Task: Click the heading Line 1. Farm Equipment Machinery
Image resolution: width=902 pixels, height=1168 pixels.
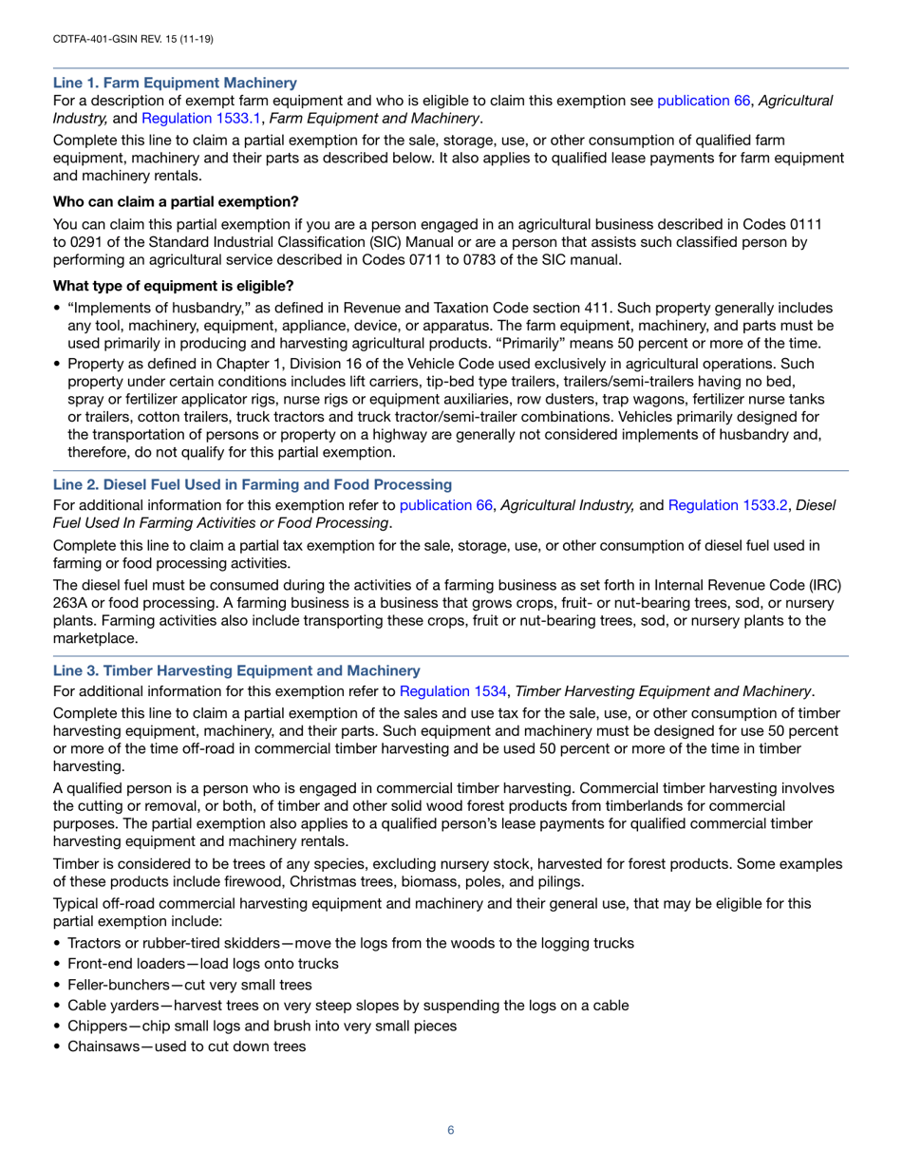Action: [175, 83]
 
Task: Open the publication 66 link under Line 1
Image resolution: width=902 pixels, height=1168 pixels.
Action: [704, 100]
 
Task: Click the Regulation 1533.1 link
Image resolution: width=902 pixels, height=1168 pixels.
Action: [190, 118]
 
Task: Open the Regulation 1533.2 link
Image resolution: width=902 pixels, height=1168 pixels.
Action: [728, 506]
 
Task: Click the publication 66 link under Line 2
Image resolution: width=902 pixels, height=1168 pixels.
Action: [445, 506]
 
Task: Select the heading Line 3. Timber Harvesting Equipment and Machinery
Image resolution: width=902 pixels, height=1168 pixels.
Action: [236, 670]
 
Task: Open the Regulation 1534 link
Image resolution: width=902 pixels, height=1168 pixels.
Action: [453, 691]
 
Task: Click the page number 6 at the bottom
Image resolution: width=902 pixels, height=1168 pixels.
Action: [451, 1130]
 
